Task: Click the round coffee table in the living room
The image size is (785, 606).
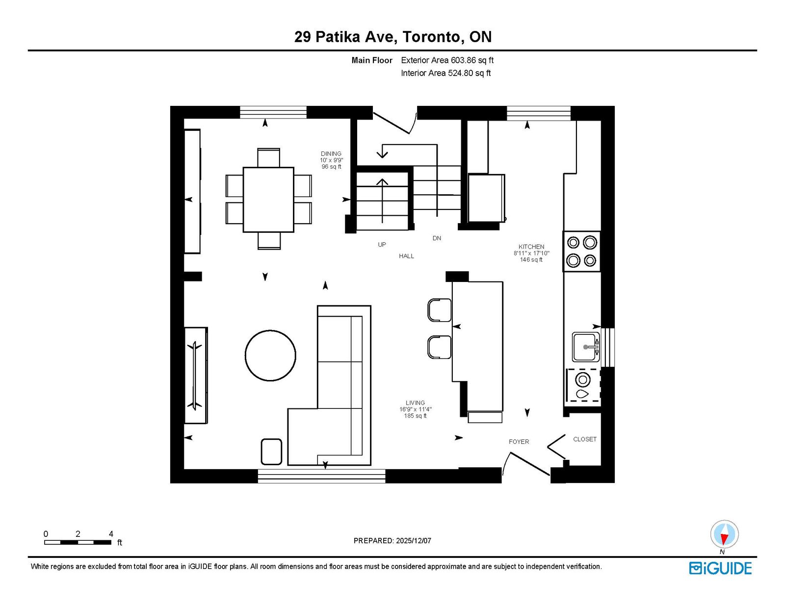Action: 270,355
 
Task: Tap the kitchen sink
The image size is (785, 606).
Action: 586,347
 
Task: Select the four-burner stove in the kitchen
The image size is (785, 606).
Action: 581,251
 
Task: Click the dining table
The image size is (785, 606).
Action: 268,200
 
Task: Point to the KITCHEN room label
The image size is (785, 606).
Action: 531,247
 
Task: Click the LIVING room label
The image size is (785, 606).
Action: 415,403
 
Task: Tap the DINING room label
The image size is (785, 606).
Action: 331,153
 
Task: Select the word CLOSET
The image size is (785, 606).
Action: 584,439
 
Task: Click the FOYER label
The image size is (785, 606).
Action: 519,442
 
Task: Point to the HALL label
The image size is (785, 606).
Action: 406,256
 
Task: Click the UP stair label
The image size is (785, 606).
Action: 382,244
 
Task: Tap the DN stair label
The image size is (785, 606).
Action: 437,238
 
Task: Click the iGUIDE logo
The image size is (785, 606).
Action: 720,568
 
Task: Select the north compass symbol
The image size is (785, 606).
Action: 724,534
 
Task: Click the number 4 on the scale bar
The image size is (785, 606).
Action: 111,534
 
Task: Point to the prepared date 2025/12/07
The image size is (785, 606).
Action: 414,541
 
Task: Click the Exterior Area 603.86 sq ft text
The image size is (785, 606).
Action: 447,60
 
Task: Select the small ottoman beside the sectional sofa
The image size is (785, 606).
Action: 271,452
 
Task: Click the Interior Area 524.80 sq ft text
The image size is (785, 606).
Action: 446,73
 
